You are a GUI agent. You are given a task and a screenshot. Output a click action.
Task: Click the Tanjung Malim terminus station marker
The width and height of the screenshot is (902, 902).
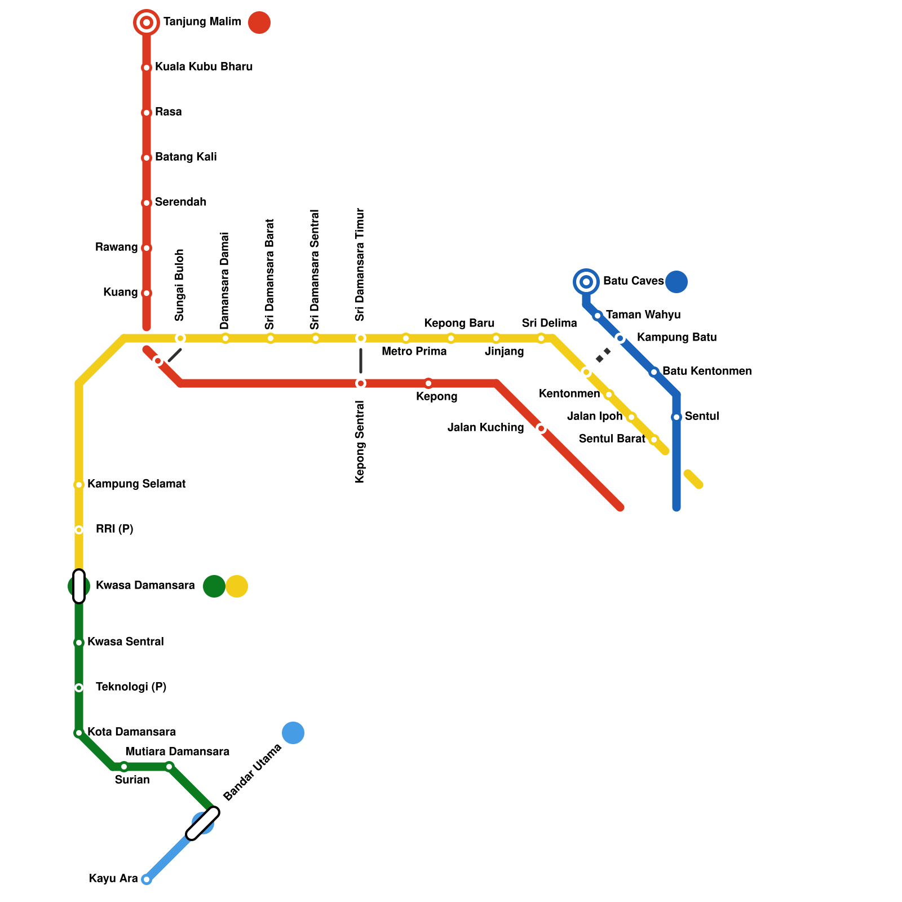point(147,23)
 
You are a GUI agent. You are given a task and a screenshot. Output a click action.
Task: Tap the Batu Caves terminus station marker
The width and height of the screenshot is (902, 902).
point(586,281)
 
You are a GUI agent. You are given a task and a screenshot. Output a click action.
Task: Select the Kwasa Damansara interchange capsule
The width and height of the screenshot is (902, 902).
point(79,586)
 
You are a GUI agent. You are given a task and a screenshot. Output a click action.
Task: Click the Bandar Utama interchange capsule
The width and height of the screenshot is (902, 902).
point(203,823)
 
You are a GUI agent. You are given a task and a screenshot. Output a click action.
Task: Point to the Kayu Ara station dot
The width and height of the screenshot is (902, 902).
point(147,879)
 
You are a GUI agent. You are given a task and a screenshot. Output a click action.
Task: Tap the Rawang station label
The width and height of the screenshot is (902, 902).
point(116,247)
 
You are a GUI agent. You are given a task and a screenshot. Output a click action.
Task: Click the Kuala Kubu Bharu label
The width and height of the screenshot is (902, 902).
point(204,67)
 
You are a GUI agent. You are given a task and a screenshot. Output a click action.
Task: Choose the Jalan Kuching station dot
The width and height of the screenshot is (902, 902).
point(541,428)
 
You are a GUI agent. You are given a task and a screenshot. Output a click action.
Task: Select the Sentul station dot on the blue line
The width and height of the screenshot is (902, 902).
point(676,417)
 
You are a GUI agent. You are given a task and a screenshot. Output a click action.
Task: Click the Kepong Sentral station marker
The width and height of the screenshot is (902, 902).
point(361,383)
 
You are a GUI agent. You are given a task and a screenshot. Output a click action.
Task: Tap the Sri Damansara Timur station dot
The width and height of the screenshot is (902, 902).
point(361,338)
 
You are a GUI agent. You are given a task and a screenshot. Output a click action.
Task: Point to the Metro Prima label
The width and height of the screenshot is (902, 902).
point(414,352)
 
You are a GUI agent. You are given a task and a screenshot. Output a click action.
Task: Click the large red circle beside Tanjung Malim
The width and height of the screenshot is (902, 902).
point(259,23)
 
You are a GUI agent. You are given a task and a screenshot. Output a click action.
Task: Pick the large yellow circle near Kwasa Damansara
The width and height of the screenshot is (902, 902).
point(237,586)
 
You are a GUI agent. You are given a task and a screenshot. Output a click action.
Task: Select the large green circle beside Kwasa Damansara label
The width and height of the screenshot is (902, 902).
point(214,586)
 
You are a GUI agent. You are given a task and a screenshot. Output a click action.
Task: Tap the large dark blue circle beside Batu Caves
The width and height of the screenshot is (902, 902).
point(676,282)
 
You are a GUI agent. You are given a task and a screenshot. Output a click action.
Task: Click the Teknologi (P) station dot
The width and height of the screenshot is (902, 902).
point(79,688)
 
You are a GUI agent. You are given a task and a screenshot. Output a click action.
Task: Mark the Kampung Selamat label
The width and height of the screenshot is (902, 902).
point(136,484)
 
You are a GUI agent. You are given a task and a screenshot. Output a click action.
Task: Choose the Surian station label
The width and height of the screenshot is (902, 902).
point(132,780)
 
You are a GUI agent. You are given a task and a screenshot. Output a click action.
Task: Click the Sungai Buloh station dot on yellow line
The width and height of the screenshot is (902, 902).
point(180,338)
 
